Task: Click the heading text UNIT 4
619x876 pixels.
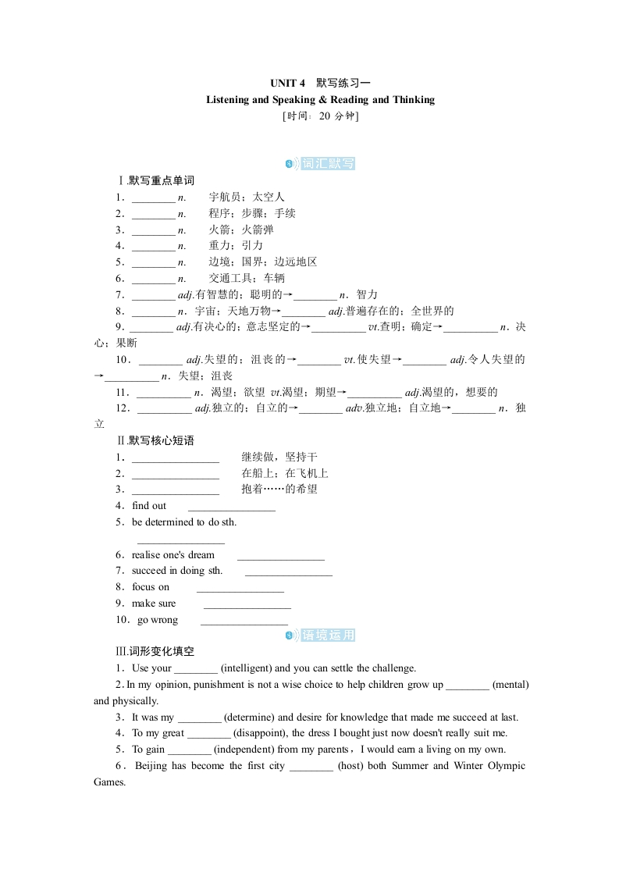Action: (289, 83)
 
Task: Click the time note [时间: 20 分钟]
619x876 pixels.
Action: (320, 116)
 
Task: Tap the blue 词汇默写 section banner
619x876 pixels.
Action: (327, 163)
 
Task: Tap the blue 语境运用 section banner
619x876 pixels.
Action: (327, 636)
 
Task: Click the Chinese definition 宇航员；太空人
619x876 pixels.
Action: (247, 197)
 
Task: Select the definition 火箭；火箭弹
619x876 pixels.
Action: (241, 230)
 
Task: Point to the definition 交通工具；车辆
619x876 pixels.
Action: (247, 278)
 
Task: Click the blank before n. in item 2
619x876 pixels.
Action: (154, 214)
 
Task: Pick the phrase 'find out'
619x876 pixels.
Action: (149, 505)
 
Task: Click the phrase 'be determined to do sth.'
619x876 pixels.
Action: (184, 522)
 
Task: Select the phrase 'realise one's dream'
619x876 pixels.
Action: (173, 554)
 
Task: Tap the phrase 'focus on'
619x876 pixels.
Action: (151, 586)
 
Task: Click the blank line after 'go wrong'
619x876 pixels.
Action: (244, 621)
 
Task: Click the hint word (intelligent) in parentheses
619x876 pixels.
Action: (247, 668)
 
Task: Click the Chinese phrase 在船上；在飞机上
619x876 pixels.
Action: (285, 473)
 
